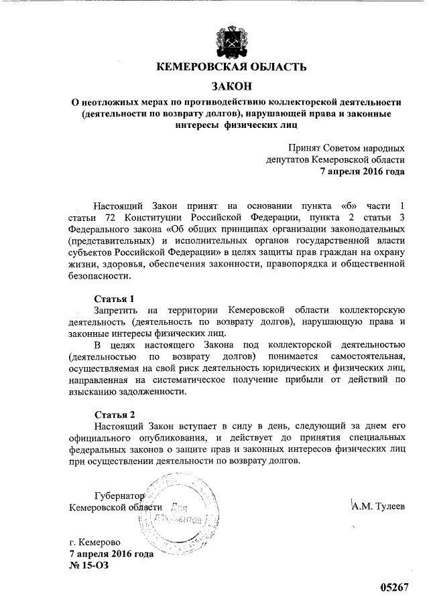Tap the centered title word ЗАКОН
(231, 86)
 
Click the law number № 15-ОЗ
(88, 564)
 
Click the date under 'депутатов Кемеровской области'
(362, 171)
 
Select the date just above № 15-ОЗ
(111, 553)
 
